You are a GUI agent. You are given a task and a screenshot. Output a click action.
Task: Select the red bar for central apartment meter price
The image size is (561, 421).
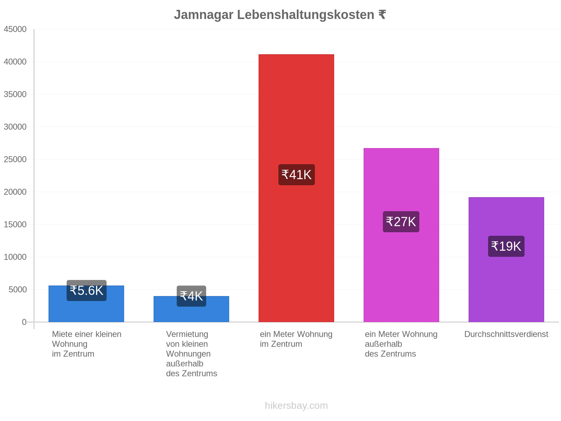tap(296, 188)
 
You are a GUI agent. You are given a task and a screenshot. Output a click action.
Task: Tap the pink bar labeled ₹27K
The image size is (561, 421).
tap(401, 235)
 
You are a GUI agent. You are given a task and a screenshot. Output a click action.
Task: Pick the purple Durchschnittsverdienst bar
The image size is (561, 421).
tap(506, 260)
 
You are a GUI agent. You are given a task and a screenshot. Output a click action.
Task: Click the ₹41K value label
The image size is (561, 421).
tap(297, 175)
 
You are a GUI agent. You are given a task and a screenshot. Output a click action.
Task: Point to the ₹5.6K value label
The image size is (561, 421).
tap(87, 290)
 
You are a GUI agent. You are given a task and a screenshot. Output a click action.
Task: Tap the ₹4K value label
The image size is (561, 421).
tap(191, 296)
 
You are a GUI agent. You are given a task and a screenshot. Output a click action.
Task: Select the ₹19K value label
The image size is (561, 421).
tap(506, 246)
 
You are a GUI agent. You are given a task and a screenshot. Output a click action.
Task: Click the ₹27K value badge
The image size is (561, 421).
tap(401, 222)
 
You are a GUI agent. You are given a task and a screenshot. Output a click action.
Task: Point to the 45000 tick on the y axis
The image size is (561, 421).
tap(15, 29)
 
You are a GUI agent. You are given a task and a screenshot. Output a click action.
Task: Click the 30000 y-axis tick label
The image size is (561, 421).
tap(15, 127)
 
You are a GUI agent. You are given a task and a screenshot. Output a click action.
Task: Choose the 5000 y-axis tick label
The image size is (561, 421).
tap(18, 290)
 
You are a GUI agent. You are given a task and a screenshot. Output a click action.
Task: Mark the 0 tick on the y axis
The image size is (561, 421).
tap(24, 322)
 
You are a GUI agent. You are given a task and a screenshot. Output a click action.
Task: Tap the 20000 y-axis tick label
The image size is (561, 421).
tap(15, 192)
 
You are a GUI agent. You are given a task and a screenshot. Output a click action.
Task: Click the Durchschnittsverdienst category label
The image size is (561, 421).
tap(506, 334)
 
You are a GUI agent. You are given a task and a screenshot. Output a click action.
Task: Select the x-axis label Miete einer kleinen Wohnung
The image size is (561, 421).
tap(87, 339)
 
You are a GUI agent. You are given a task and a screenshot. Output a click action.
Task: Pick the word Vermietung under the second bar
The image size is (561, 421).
tap(187, 334)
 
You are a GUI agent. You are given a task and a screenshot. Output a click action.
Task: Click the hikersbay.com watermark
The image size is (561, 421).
tap(296, 406)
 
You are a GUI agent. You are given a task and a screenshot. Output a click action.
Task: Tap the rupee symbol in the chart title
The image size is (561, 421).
tap(382, 15)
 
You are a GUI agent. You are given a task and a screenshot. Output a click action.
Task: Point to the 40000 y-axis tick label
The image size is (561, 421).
tap(15, 62)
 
